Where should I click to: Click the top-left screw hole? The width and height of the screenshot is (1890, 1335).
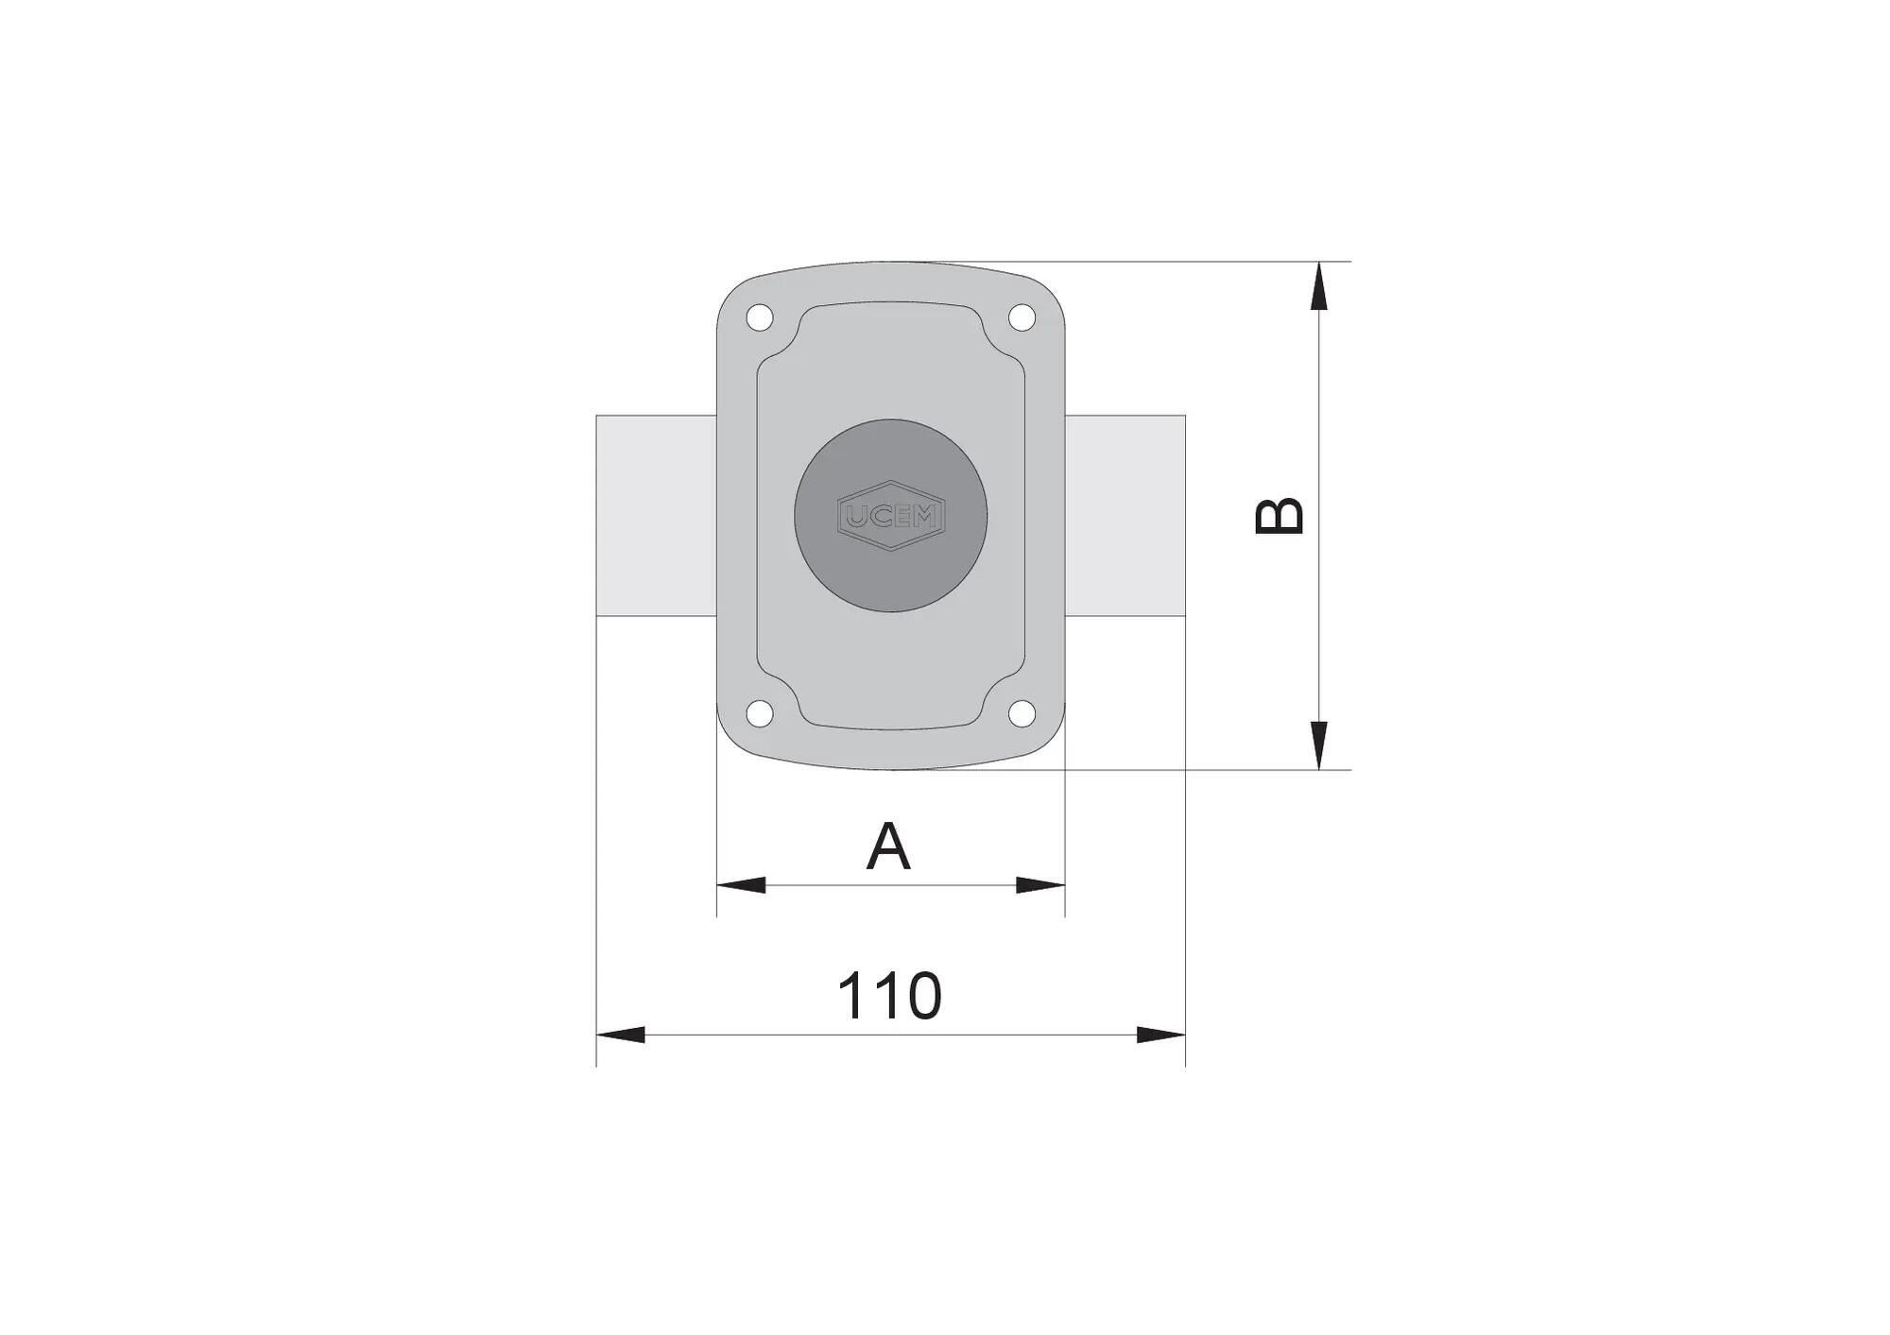[760, 317]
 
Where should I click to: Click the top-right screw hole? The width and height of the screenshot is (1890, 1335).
[1022, 317]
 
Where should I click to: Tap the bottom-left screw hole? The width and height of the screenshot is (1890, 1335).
[760, 713]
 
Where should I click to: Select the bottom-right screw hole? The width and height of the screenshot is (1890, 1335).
[1022, 713]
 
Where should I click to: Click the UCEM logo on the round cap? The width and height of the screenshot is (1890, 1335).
[891, 516]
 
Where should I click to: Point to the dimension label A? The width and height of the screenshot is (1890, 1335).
[888, 847]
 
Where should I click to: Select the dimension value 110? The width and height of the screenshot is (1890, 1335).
[889, 996]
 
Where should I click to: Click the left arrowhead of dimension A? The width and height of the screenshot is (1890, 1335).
[741, 885]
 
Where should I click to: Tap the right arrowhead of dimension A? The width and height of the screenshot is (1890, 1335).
[1040, 885]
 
